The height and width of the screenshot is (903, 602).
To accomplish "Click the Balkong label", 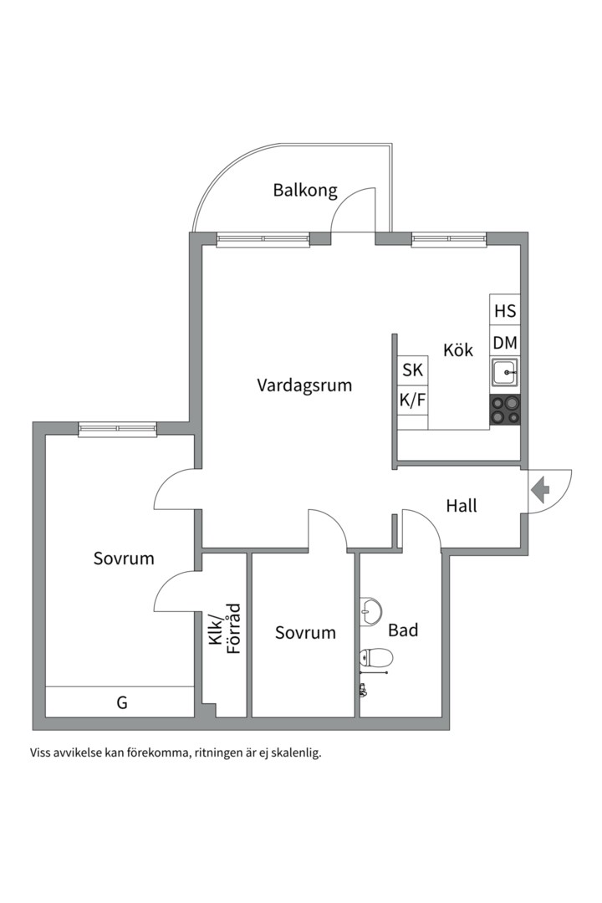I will (x=305, y=191).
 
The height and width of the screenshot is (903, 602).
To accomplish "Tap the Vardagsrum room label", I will (x=304, y=385).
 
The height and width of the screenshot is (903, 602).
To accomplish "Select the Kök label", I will (x=458, y=349).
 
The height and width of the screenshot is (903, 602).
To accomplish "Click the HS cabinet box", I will (x=505, y=311).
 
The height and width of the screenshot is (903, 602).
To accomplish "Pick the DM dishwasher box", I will (x=505, y=343).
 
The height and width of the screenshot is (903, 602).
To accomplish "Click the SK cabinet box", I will (x=413, y=370).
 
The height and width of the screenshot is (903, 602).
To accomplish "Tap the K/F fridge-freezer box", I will (x=413, y=400).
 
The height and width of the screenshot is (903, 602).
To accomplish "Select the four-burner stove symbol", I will (x=505, y=410).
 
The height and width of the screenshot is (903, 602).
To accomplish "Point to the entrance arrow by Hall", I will (x=539, y=488).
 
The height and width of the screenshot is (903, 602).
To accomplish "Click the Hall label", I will (x=462, y=506).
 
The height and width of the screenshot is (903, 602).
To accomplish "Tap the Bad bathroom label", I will (x=403, y=630).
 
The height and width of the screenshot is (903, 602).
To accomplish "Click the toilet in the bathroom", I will (x=374, y=659).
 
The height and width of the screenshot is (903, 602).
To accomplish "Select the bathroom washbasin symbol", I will (x=370, y=611).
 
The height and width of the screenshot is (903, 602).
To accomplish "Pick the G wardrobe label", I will (x=122, y=703).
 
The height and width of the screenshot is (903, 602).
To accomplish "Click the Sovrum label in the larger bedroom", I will (x=124, y=559).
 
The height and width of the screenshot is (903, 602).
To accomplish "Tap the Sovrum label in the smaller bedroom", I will (x=305, y=633).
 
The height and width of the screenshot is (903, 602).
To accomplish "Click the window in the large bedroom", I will (x=118, y=429).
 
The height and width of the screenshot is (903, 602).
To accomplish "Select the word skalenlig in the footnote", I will (x=293, y=752).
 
